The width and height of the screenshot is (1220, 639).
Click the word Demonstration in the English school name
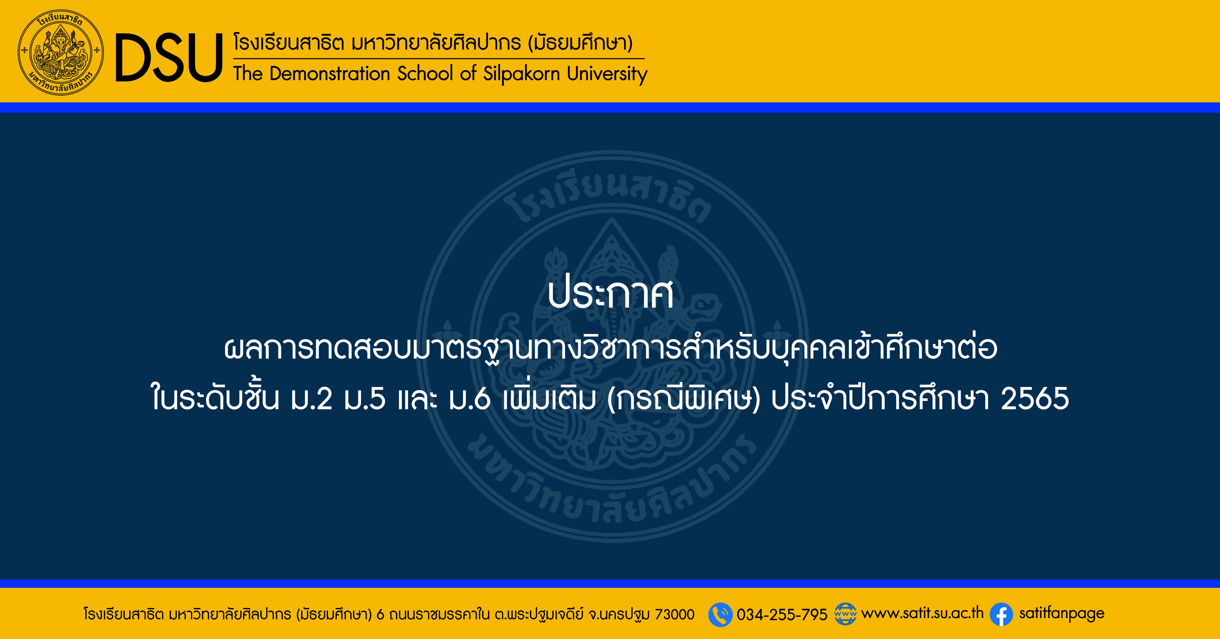tap(330, 74)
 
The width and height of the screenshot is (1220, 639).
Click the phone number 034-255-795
tap(782, 615)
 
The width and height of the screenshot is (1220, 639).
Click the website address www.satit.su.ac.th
tap(922, 614)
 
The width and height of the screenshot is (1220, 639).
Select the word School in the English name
tap(425, 74)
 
